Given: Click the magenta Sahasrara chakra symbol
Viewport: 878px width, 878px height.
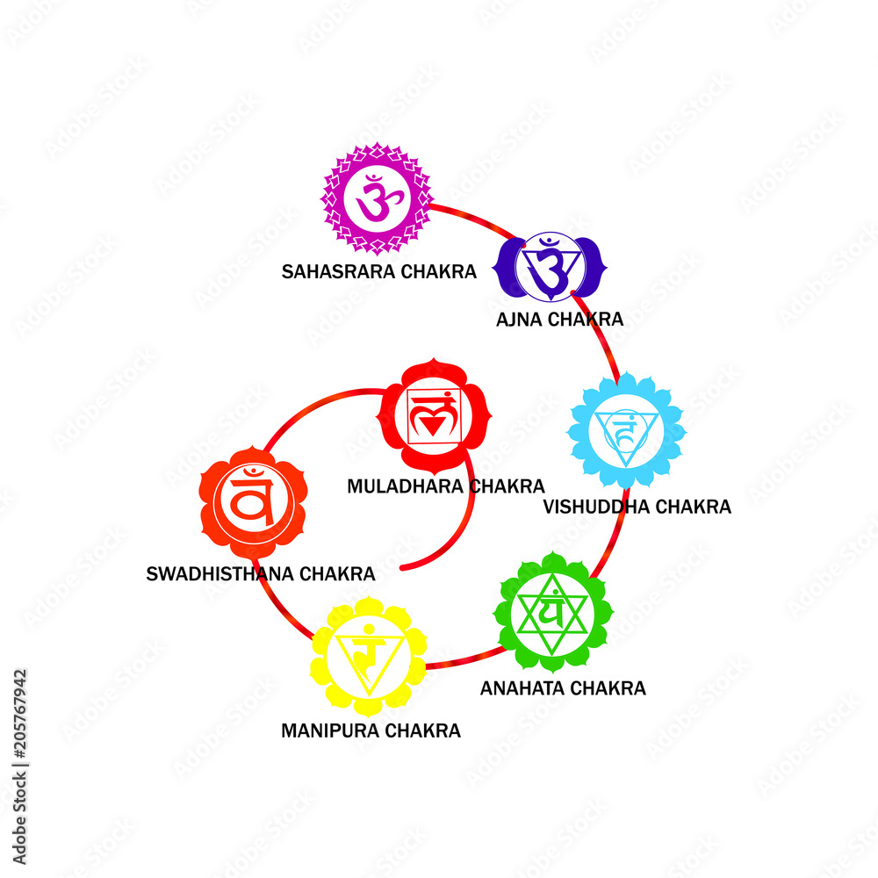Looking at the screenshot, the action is click(x=377, y=199).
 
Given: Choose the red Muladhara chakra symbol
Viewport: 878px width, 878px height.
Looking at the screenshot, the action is click(x=433, y=415).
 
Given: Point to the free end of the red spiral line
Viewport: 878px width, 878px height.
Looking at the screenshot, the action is click(x=403, y=568).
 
